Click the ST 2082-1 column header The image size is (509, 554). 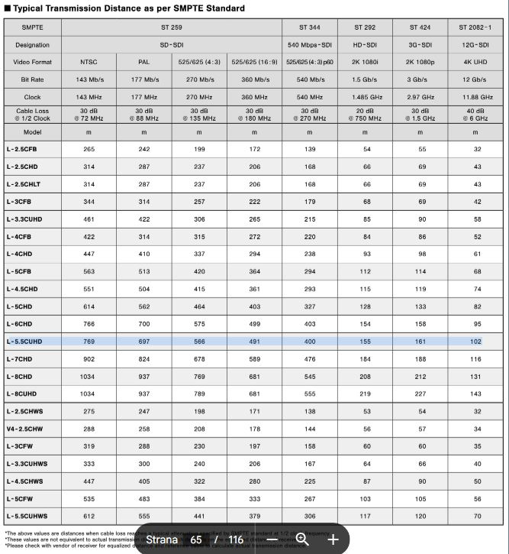point(475,27)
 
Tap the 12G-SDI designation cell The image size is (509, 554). point(475,45)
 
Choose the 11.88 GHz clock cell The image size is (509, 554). point(475,97)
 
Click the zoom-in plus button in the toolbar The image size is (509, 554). point(333,539)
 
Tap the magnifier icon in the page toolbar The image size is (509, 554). point(302,539)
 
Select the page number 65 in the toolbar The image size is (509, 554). point(196,539)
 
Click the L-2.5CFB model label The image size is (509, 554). point(22,150)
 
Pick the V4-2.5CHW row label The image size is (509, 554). point(24,429)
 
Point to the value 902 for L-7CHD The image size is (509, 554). point(89,359)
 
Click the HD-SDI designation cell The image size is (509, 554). point(365,45)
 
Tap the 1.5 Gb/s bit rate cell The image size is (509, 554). point(365,79)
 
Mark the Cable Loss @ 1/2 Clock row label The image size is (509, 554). point(32,115)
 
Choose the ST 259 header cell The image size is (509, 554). point(171,27)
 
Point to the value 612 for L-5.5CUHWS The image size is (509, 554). point(89,516)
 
